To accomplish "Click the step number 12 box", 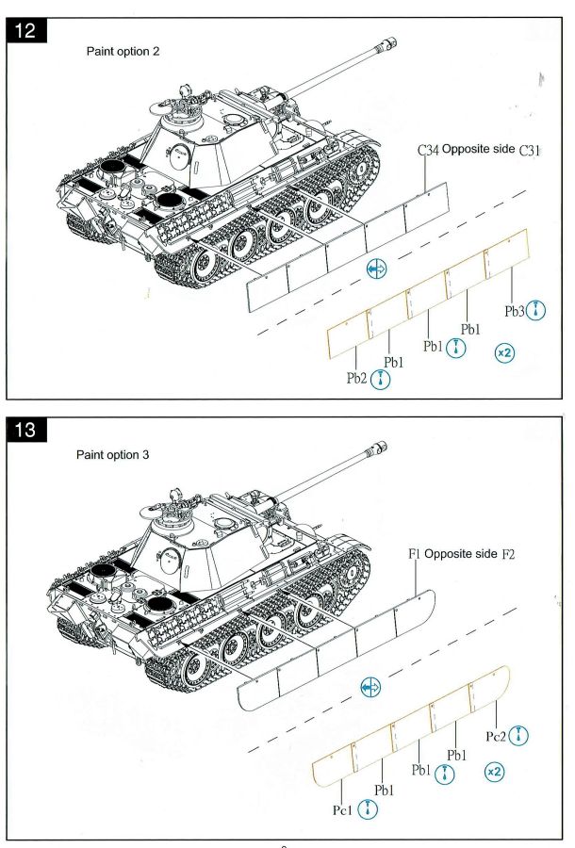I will (25, 32).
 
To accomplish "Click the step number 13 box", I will (25, 433).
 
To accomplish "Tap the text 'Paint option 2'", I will (123, 52).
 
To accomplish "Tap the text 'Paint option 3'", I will (112, 455).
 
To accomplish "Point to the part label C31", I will (530, 151).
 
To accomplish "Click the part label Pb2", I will (355, 378).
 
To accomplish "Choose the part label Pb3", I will (514, 311).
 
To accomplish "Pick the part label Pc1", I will (342, 809).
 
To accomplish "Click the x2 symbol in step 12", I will (504, 352).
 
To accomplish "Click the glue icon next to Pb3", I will (536, 310).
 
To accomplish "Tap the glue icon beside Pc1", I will (369, 809).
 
